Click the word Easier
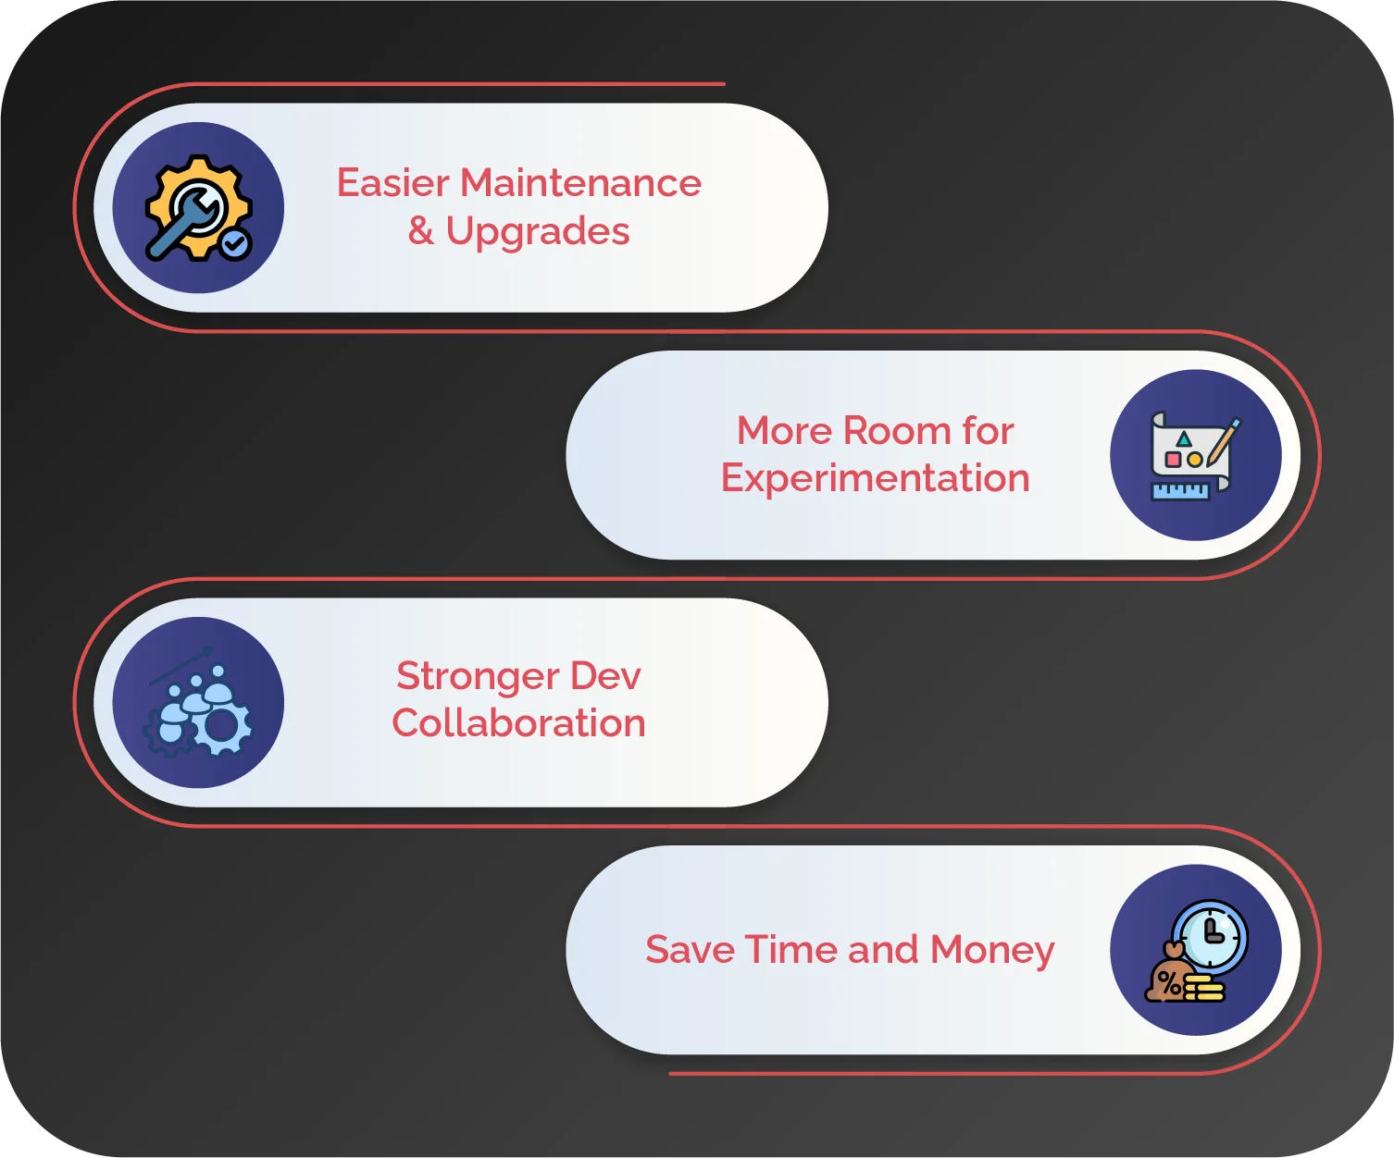point(392,183)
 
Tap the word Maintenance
point(580,183)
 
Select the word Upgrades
point(537,232)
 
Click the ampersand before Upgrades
point(421,231)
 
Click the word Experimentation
point(875,479)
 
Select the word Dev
point(605,676)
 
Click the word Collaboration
point(518,723)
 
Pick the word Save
point(690,950)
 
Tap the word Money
point(992,951)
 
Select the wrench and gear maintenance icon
point(197,208)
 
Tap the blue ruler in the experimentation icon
point(1180,490)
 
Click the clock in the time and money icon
point(1210,935)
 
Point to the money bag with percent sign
point(1167,979)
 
